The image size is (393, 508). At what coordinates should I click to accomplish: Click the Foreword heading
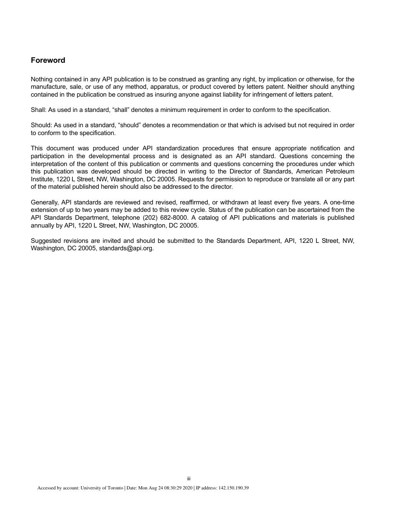(x=48, y=60)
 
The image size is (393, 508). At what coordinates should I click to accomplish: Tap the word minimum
(x=185, y=110)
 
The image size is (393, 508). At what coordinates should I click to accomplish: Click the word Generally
(x=44, y=202)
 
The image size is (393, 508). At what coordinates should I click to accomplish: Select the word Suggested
(x=45, y=241)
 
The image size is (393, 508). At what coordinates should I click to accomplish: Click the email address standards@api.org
(x=126, y=249)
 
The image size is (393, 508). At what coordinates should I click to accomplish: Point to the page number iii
(x=189, y=479)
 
